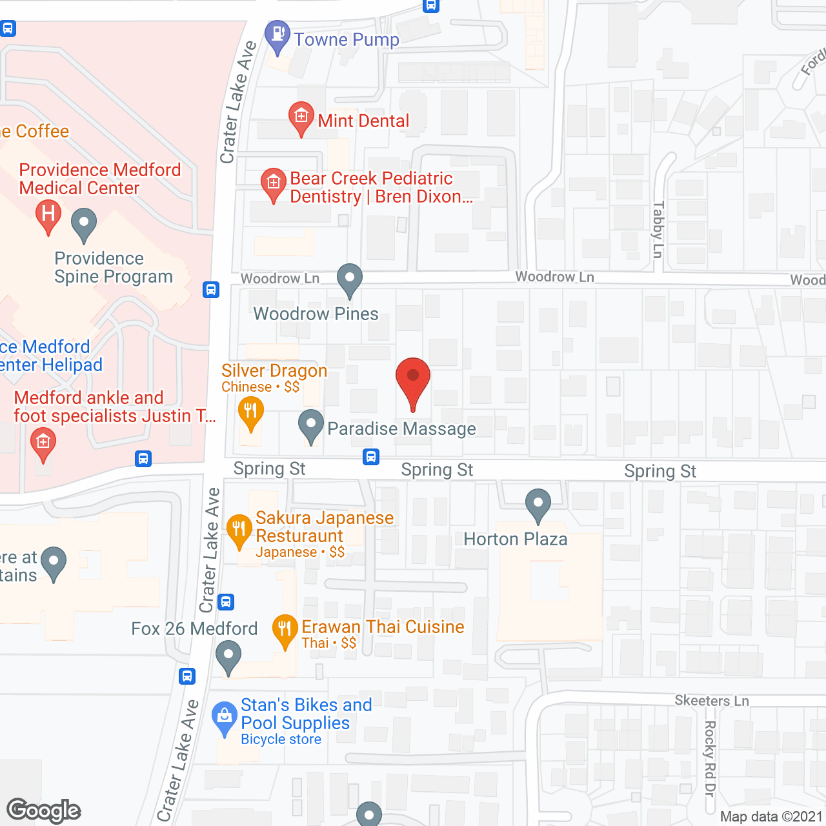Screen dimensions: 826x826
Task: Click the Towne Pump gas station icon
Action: point(277,35)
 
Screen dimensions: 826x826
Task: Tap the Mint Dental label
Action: point(363,121)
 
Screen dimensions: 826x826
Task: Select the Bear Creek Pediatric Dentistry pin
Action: point(273,183)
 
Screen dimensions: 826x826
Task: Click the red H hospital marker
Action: point(48,214)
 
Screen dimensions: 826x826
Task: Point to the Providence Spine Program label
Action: point(114,267)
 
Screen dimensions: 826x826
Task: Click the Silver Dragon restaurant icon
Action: point(250,412)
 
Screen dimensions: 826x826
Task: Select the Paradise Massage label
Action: point(401,428)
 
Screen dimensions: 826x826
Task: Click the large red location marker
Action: point(412,381)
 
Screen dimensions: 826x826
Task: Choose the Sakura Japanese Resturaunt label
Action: point(324,527)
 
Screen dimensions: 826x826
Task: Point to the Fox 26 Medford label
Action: point(194,629)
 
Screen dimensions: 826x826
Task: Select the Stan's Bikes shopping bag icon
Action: point(225,717)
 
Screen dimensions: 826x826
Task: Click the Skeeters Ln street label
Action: point(712,701)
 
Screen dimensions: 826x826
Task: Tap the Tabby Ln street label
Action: point(658,229)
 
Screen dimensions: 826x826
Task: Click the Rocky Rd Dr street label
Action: point(710,758)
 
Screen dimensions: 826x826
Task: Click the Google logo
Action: point(44,811)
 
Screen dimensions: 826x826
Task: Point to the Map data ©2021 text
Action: point(771,816)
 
